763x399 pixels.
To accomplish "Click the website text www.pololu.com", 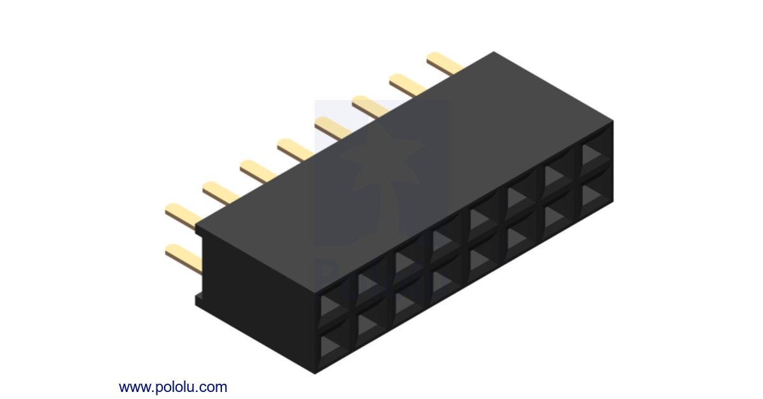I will pyautogui.click(x=172, y=386).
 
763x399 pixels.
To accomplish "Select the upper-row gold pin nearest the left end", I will pyautogui.click(x=183, y=214).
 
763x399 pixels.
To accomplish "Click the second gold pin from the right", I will pyautogui.click(x=408, y=85).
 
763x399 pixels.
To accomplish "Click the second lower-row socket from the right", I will pyautogui.click(x=556, y=216).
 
